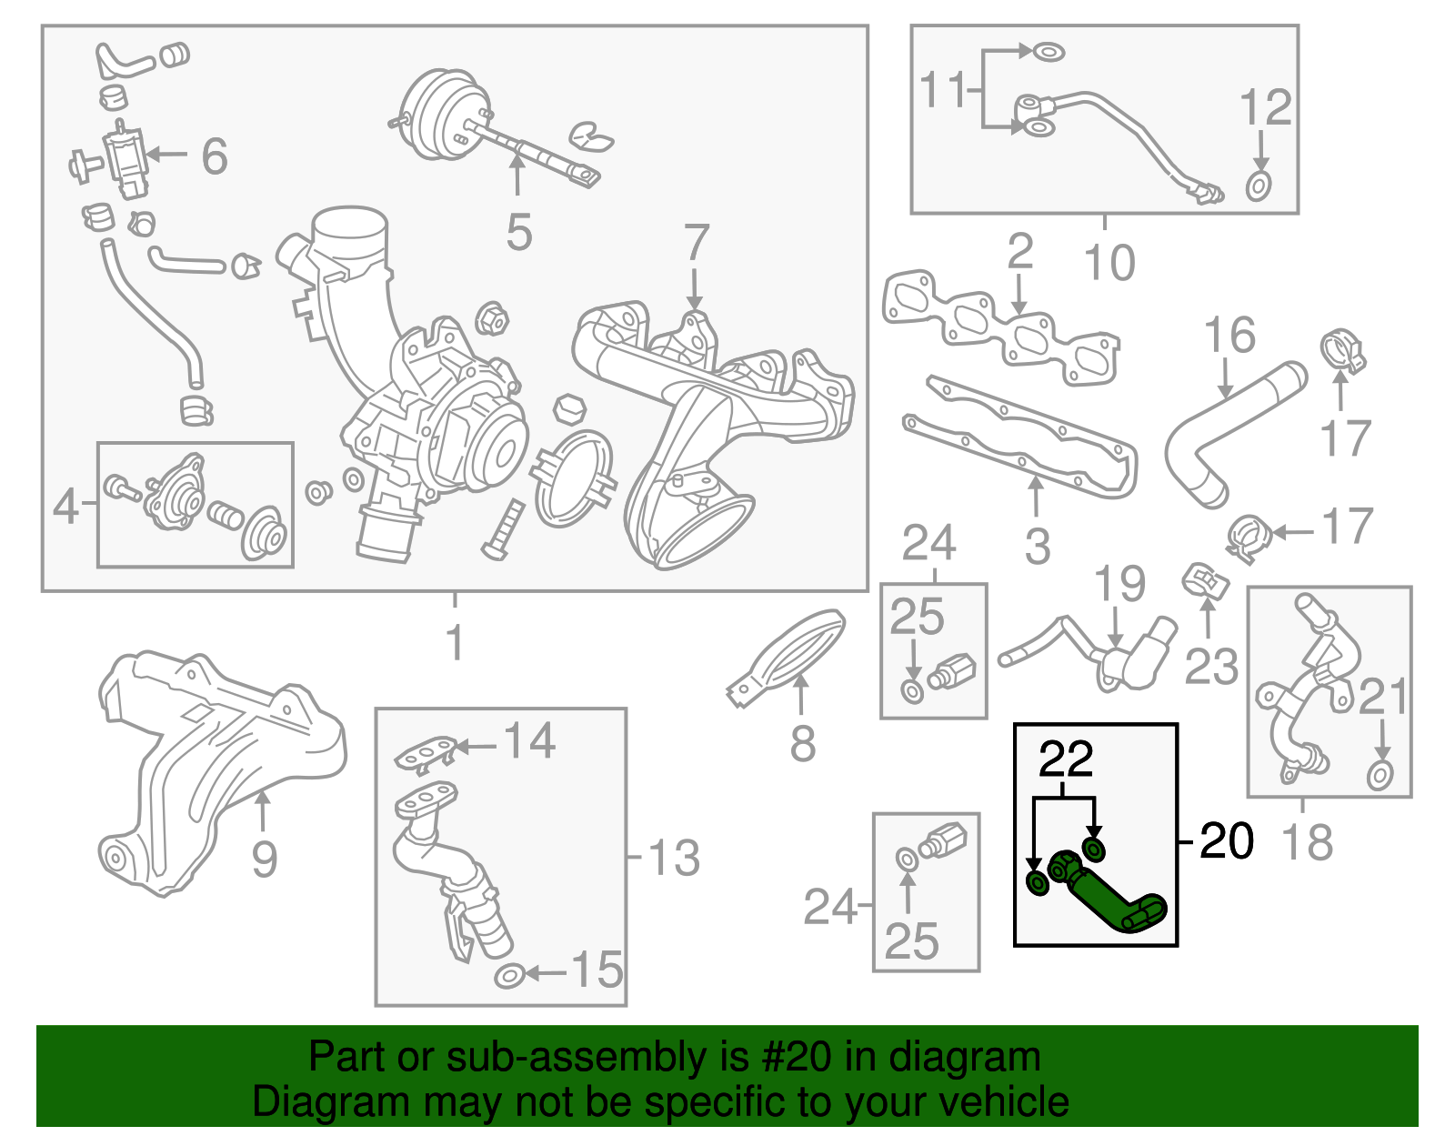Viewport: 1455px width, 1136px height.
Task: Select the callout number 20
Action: pyautogui.click(x=1226, y=840)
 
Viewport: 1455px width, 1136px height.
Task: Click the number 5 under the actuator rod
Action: pyautogui.click(x=518, y=233)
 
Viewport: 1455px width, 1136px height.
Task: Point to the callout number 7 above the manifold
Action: pyautogui.click(x=696, y=243)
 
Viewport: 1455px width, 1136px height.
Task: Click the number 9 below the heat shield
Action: pyautogui.click(x=264, y=859)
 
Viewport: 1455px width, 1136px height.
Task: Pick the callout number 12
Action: pyautogui.click(x=1265, y=107)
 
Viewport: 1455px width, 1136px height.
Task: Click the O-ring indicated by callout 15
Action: pyautogui.click(x=508, y=977)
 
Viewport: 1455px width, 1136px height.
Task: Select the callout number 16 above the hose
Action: pyautogui.click(x=1229, y=336)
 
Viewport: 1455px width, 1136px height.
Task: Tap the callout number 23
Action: pyautogui.click(x=1210, y=666)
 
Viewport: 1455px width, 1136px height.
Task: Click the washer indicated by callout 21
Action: pyautogui.click(x=1380, y=776)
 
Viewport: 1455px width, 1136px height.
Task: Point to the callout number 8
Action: pyautogui.click(x=802, y=744)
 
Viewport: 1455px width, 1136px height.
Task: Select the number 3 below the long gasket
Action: pyautogui.click(x=1037, y=547)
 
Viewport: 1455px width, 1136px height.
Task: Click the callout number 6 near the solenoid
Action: pyautogui.click(x=214, y=156)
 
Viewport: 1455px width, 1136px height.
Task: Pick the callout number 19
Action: pyautogui.click(x=1119, y=584)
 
